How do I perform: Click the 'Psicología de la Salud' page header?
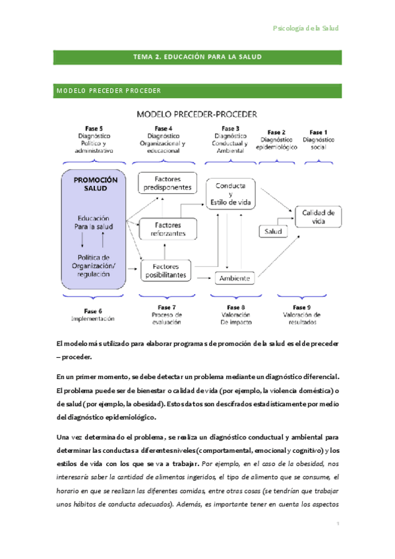305,28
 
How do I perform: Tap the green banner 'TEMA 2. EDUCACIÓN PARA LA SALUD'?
197,57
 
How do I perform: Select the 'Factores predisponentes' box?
167,183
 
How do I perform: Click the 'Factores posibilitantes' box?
165,270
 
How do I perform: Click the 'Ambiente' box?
235,278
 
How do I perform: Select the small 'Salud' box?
273,232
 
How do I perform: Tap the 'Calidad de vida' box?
318,217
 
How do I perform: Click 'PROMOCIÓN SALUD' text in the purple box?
96,184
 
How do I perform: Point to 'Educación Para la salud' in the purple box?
93,222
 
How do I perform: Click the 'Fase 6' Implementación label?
93,314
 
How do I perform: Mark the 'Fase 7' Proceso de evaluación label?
166,315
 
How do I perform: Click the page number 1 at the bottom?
337,523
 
